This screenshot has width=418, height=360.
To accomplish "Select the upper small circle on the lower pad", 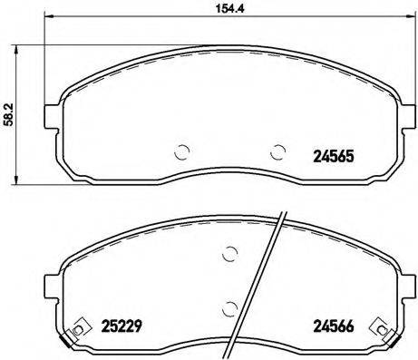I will [230, 255].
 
